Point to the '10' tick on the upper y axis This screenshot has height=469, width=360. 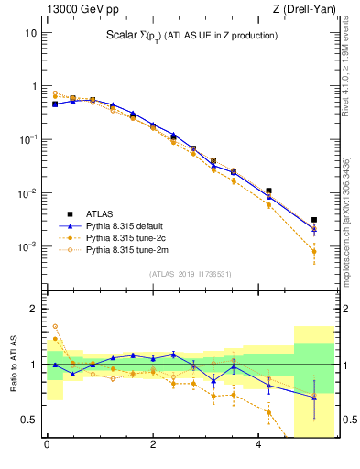[30, 32]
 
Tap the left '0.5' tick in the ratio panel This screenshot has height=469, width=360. [27, 420]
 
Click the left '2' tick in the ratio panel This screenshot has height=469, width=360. [32, 309]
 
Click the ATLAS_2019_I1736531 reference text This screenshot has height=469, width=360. [191, 274]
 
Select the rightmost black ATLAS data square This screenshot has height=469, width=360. [314, 220]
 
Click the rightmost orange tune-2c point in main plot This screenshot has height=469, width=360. [314, 251]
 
